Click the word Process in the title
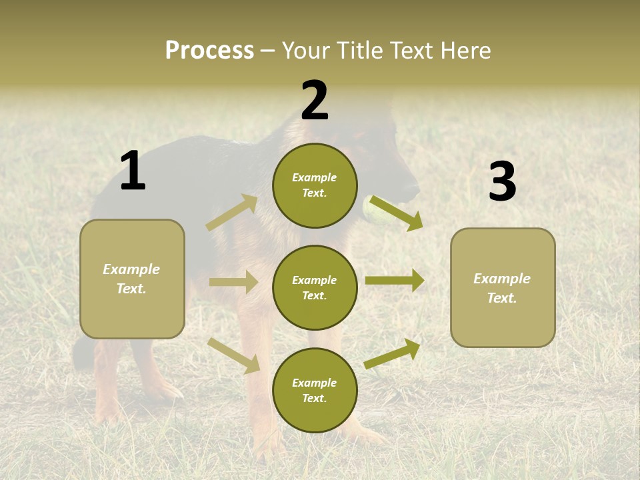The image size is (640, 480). tap(209, 51)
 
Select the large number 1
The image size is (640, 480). tap(133, 171)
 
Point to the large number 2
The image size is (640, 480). tap(315, 101)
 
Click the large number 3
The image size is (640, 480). tap(502, 182)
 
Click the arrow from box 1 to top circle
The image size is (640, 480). tap(232, 213)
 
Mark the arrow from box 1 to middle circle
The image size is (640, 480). tap(233, 282)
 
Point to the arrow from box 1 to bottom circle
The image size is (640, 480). tap(233, 355)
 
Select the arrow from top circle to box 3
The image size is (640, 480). tap(397, 213)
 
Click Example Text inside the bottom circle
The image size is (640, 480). tap(314, 391)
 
